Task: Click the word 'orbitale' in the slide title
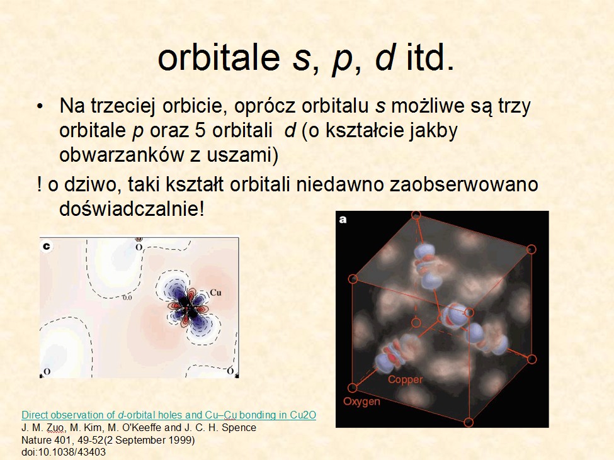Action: click(x=219, y=57)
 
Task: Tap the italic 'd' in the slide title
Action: click(x=384, y=57)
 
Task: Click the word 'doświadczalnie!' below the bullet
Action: click(x=132, y=208)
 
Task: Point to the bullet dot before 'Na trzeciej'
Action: click(x=40, y=107)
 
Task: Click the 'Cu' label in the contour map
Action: click(x=215, y=293)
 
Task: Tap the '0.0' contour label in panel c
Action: click(x=127, y=298)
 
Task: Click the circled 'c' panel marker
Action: click(x=47, y=246)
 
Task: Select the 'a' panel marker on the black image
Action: click(x=343, y=220)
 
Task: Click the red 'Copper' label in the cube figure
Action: click(x=406, y=379)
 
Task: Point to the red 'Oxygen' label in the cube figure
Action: click(x=361, y=401)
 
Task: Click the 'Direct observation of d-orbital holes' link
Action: click(x=169, y=415)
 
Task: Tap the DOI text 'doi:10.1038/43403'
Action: click(x=64, y=452)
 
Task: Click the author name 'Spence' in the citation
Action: click(x=239, y=427)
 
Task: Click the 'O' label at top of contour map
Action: click(x=139, y=247)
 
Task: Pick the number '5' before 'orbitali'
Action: click(x=200, y=130)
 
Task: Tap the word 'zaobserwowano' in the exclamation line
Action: click(x=463, y=184)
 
